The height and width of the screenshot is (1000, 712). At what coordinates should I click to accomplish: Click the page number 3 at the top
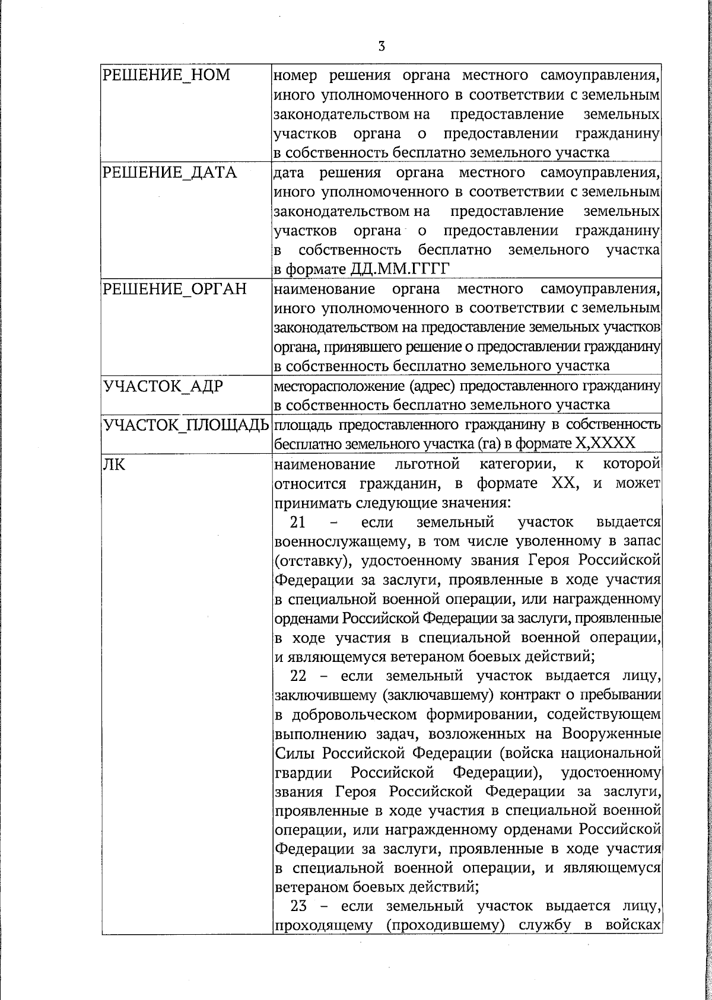tap(382, 46)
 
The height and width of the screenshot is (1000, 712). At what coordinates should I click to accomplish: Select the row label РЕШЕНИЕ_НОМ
tap(167, 75)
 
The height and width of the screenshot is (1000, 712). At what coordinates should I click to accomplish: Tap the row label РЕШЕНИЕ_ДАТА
tap(170, 173)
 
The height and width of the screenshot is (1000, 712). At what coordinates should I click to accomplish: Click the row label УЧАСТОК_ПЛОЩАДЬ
tap(186, 425)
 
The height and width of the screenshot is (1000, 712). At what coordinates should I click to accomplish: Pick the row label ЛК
tap(114, 464)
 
